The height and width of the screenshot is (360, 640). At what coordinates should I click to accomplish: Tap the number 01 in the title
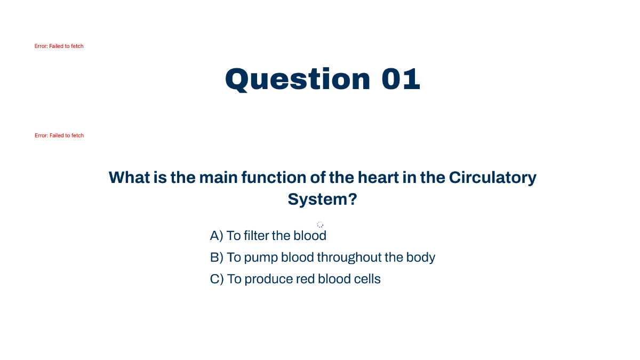pos(401,79)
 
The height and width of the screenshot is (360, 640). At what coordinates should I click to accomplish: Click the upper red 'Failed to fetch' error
pos(59,46)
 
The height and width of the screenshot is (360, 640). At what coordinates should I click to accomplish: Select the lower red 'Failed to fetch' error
pos(59,135)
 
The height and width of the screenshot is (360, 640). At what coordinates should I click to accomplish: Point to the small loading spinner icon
pos(320,225)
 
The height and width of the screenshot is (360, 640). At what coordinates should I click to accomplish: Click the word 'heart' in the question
pos(378,177)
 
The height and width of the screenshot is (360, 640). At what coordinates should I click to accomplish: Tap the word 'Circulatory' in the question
pos(492,177)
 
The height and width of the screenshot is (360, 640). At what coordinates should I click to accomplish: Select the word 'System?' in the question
pos(322,199)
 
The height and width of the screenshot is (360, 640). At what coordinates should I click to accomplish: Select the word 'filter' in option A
pos(256,236)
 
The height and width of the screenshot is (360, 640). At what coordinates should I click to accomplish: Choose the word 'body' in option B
pos(421,258)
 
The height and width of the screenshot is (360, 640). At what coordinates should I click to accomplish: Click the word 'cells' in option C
pos(367,279)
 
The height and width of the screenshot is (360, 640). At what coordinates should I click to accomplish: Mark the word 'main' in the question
pos(219,177)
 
